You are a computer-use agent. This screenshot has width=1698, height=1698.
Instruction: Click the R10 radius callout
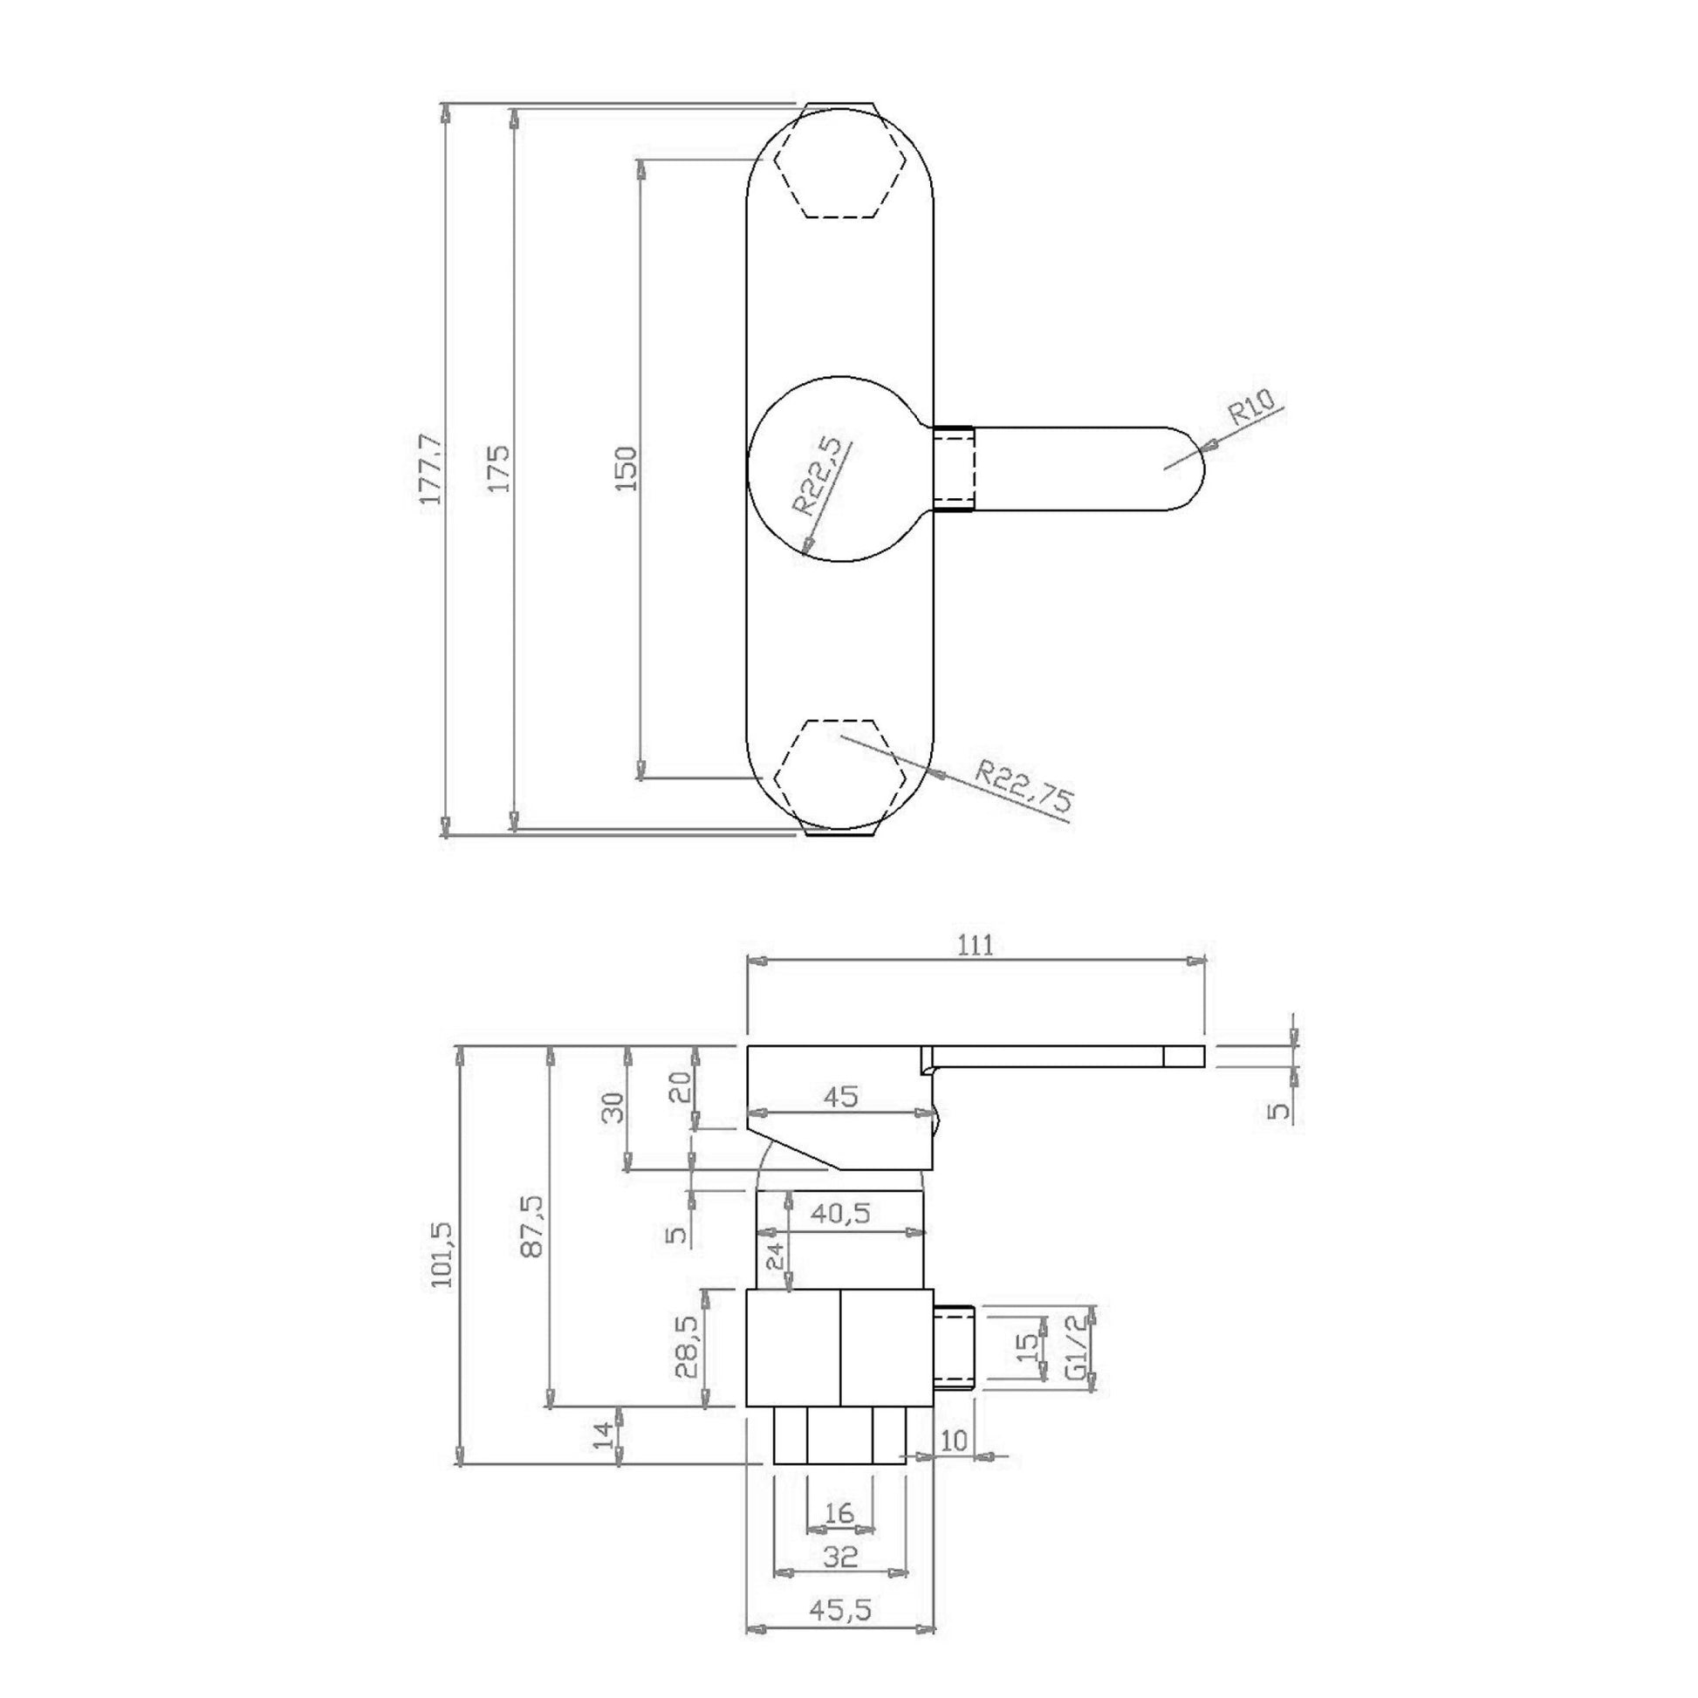1254,408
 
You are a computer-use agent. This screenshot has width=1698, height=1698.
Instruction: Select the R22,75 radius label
1024,784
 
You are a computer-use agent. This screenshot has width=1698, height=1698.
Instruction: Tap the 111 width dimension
974,946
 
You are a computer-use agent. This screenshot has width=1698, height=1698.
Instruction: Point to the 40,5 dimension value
840,1214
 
